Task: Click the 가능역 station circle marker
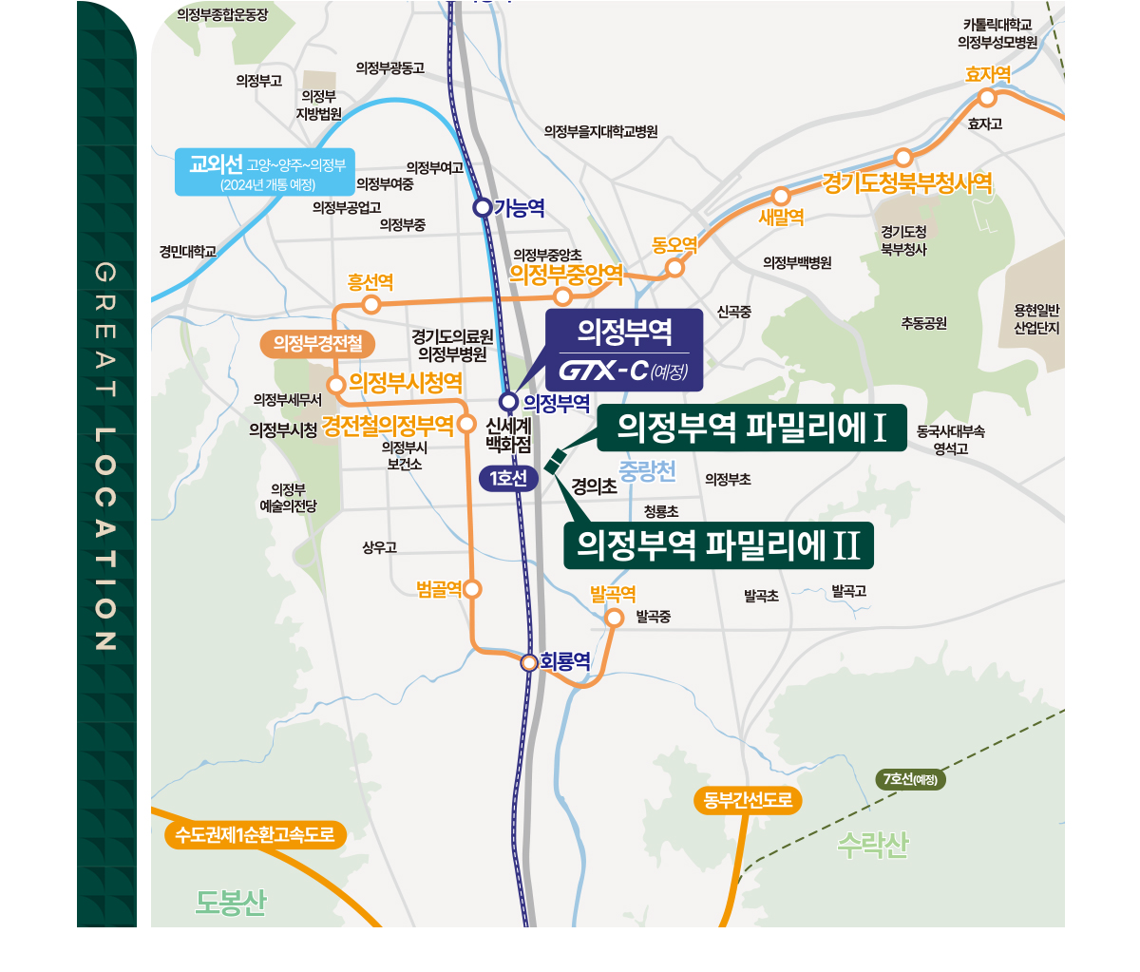(x=483, y=207)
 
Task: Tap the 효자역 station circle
(x=987, y=98)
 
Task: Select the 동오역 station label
(x=674, y=245)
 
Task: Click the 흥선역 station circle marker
(x=371, y=304)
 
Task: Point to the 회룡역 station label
(x=565, y=661)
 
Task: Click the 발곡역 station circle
(x=614, y=618)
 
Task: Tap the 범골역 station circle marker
(x=472, y=589)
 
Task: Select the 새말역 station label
(x=781, y=218)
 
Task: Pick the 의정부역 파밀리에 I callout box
(x=751, y=428)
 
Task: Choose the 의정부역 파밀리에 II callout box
(x=718, y=545)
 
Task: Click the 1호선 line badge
(x=509, y=478)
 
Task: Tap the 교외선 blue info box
(x=265, y=172)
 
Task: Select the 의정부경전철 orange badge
(x=318, y=343)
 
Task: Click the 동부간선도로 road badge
(x=748, y=800)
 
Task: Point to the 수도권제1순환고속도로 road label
(x=255, y=835)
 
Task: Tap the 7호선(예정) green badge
(x=910, y=780)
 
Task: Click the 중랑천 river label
(x=647, y=470)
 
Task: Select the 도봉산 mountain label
(x=231, y=902)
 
